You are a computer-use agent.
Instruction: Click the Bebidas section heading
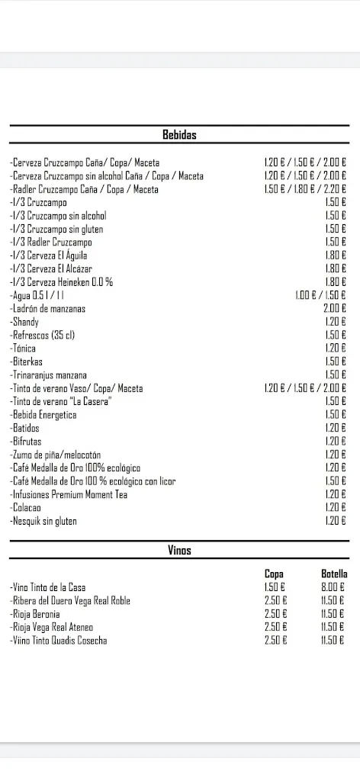[179, 135]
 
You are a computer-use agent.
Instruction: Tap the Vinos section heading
[179, 550]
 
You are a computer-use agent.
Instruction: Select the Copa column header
[274, 574]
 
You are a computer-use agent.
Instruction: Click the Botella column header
[334, 574]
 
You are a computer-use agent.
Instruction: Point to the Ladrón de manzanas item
[48, 309]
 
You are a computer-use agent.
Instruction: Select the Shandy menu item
[25, 322]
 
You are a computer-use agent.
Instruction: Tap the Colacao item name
[27, 508]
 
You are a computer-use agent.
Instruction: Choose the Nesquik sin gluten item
[43, 522]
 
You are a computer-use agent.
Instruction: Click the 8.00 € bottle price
[333, 587]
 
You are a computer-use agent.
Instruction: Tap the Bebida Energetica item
[43, 415]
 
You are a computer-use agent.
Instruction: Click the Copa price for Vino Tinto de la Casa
[275, 587]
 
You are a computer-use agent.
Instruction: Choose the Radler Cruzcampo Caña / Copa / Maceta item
[85, 189]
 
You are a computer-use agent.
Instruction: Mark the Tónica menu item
[24, 349]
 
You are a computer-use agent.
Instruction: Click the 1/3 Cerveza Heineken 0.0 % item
[62, 282]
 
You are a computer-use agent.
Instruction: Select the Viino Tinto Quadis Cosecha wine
[59, 641]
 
